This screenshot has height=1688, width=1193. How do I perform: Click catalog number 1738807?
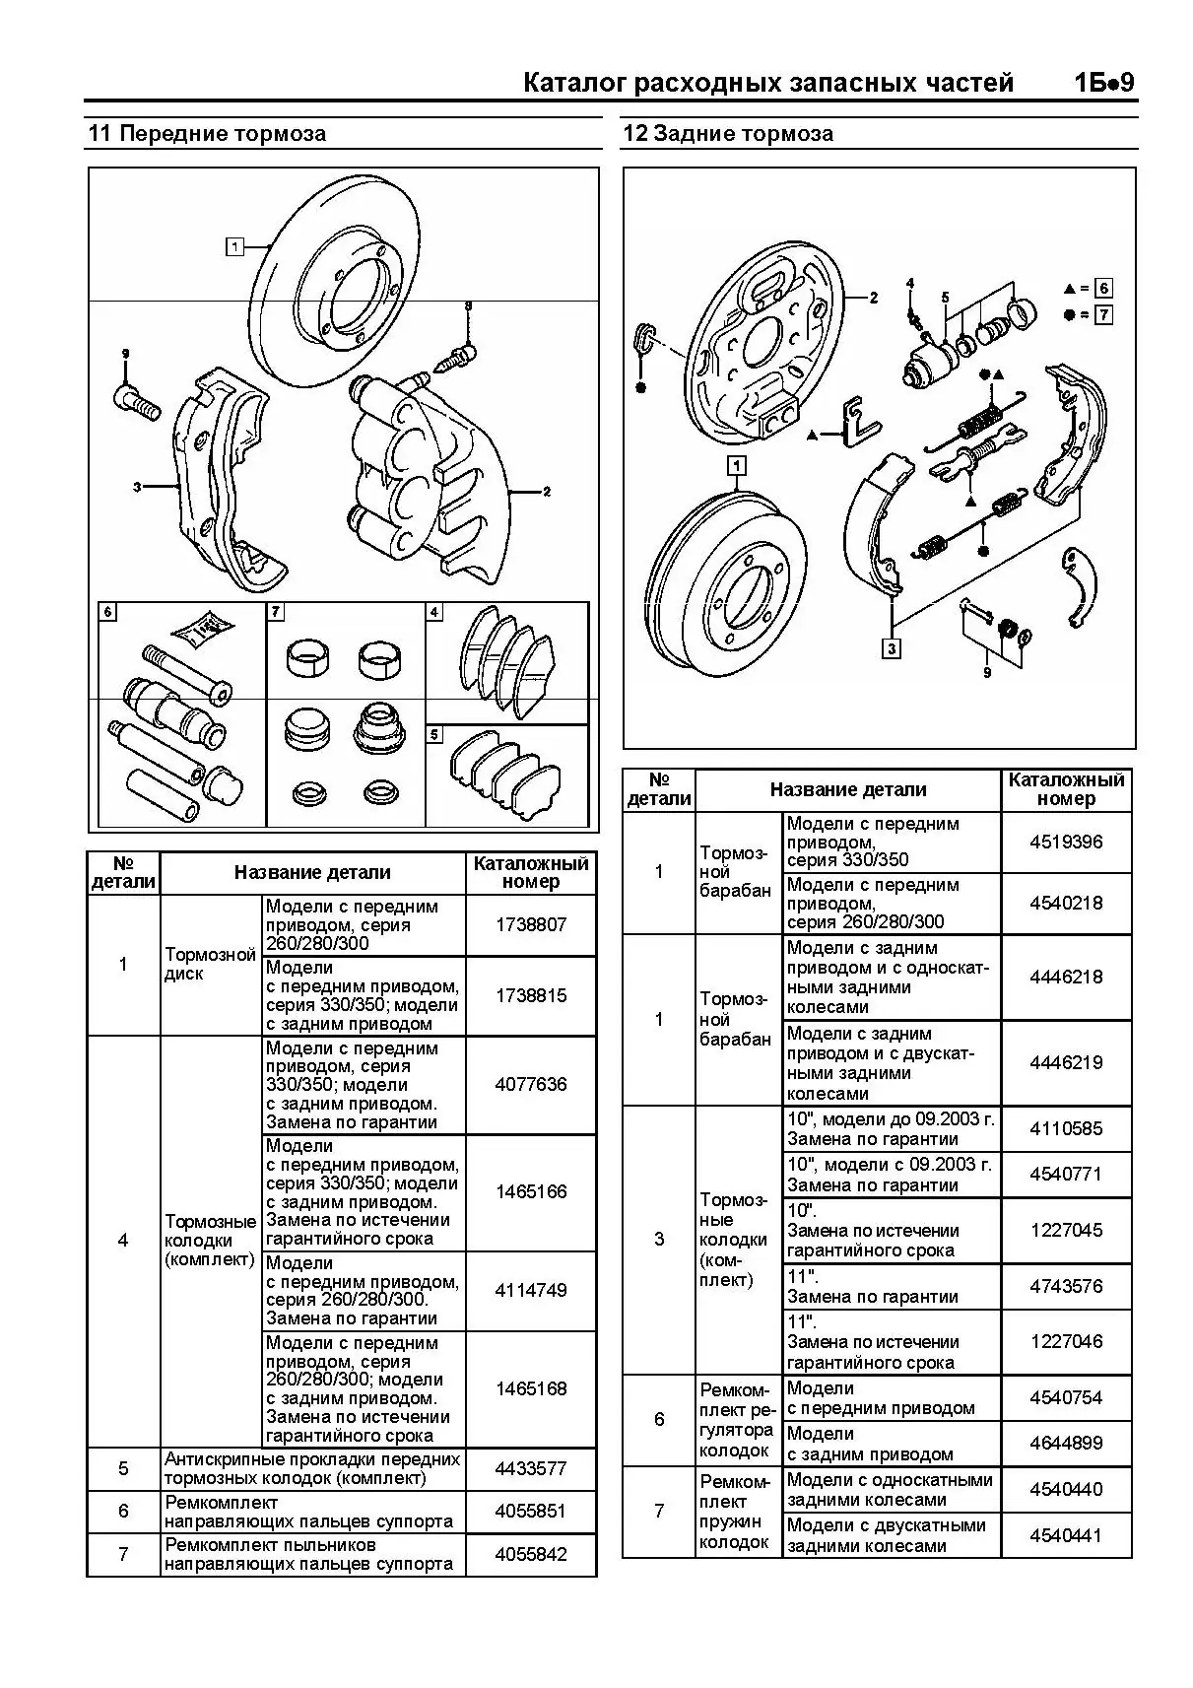531,925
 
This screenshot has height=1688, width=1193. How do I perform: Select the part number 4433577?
531,1468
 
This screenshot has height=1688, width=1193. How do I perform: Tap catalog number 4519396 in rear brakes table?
1066,843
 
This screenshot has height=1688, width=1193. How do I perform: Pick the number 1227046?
1066,1341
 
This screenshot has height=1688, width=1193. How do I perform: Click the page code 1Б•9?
1103,83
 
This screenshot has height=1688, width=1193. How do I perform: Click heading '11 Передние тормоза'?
207,134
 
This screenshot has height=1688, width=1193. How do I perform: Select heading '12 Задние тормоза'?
728,134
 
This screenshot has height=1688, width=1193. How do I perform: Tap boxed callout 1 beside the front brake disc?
234,246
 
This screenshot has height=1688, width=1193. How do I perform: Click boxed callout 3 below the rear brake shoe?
892,648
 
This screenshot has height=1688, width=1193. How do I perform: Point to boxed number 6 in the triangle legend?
1103,288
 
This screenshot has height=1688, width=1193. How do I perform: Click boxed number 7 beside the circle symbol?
1103,315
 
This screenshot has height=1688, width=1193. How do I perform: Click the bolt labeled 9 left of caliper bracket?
136,401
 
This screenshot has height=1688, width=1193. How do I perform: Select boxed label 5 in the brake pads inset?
435,735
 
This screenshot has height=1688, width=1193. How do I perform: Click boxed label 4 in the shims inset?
434,612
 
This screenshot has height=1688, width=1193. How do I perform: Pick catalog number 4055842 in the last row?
531,1555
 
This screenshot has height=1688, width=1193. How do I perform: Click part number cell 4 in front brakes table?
123,1240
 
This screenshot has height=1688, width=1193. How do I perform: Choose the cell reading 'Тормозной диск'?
211,964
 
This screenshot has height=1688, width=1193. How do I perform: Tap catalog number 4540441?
1066,1535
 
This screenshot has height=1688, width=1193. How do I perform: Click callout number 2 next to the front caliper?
547,492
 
